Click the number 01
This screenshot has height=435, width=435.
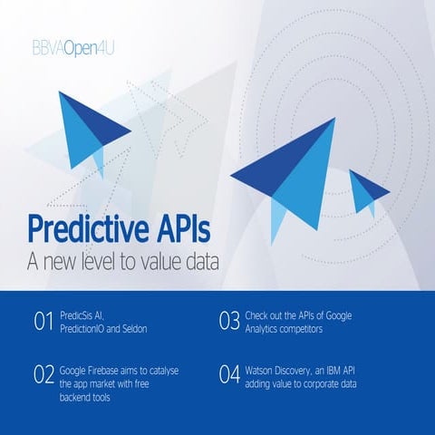[43, 322]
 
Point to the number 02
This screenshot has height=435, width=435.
[43, 375]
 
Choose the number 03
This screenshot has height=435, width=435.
[230, 322]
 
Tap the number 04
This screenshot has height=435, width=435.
[230, 375]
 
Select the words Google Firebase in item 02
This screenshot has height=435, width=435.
[92, 371]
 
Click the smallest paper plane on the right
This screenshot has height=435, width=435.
[368, 191]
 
